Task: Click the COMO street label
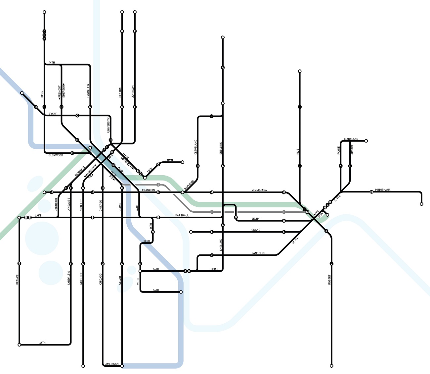[169, 160]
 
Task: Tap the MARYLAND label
[351, 139]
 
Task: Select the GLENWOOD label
[56, 155]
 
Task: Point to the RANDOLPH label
[258, 253]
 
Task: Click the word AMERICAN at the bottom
[112, 364]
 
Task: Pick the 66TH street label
[42, 343]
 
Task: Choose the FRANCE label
[17, 279]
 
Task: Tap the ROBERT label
[329, 280]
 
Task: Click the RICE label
[298, 151]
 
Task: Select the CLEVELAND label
[196, 147]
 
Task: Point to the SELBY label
[255, 219]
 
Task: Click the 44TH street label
[52, 63]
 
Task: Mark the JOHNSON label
[133, 91]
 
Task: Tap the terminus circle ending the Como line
[182, 162]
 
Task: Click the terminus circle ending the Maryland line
[366, 141]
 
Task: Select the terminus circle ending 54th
[181, 292]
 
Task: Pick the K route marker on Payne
[340, 166]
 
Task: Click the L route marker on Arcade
[350, 166]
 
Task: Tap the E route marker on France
[20, 263]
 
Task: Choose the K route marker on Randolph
[212, 255]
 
